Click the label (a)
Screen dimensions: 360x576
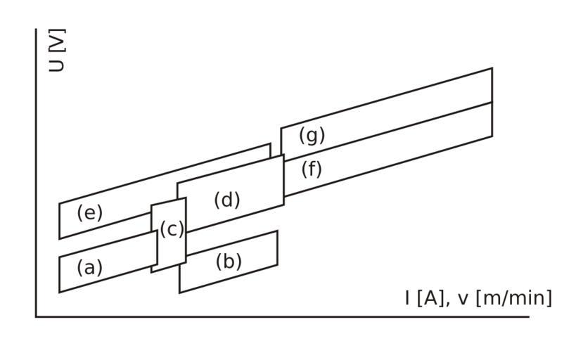89,267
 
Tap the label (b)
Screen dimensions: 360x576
229,262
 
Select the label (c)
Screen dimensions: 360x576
172,229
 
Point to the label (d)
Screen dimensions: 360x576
226,200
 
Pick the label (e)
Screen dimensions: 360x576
89,212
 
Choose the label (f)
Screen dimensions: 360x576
312,169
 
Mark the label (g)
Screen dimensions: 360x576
312,135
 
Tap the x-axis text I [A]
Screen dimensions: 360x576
425,298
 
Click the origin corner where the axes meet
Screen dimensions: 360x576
36,316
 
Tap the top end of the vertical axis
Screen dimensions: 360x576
36,30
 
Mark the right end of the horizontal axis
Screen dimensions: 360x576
527,316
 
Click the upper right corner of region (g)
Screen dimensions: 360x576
492,68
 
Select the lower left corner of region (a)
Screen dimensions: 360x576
59,292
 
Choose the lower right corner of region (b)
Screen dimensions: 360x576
277,264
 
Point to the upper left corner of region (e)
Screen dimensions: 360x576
59,205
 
